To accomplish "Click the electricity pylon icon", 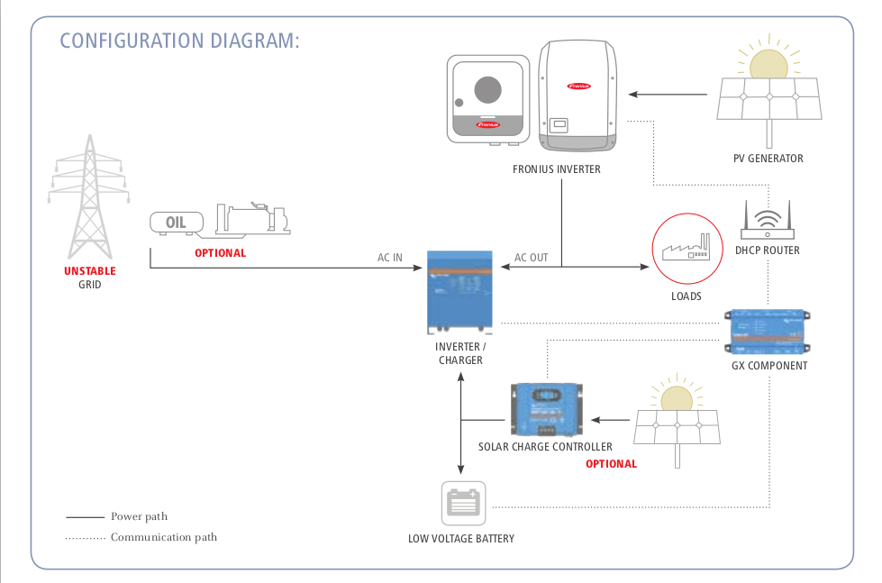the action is [x=89, y=197].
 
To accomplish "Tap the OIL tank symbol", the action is [x=177, y=223].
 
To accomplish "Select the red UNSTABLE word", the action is [x=90, y=271].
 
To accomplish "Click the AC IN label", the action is [x=390, y=258].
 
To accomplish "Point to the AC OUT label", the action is [x=531, y=258].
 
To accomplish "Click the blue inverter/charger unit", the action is [x=459, y=293].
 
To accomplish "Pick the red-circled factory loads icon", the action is [x=687, y=248].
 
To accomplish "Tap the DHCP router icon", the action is [x=768, y=220].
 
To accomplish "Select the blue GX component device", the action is [x=768, y=331].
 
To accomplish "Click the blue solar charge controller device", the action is [x=546, y=410].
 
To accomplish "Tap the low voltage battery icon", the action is [x=463, y=503].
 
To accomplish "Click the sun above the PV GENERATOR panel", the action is [x=768, y=63].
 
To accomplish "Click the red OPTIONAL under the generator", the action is [x=221, y=253].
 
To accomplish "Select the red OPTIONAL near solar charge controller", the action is [x=612, y=464].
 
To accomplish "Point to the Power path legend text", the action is [x=139, y=516].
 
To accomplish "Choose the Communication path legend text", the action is [x=164, y=537].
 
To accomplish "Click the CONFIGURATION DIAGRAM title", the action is [x=179, y=41].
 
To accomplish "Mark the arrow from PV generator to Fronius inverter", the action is [x=668, y=95].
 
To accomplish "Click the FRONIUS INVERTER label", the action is [x=556, y=169].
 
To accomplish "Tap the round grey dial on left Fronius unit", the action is [x=487, y=90].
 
